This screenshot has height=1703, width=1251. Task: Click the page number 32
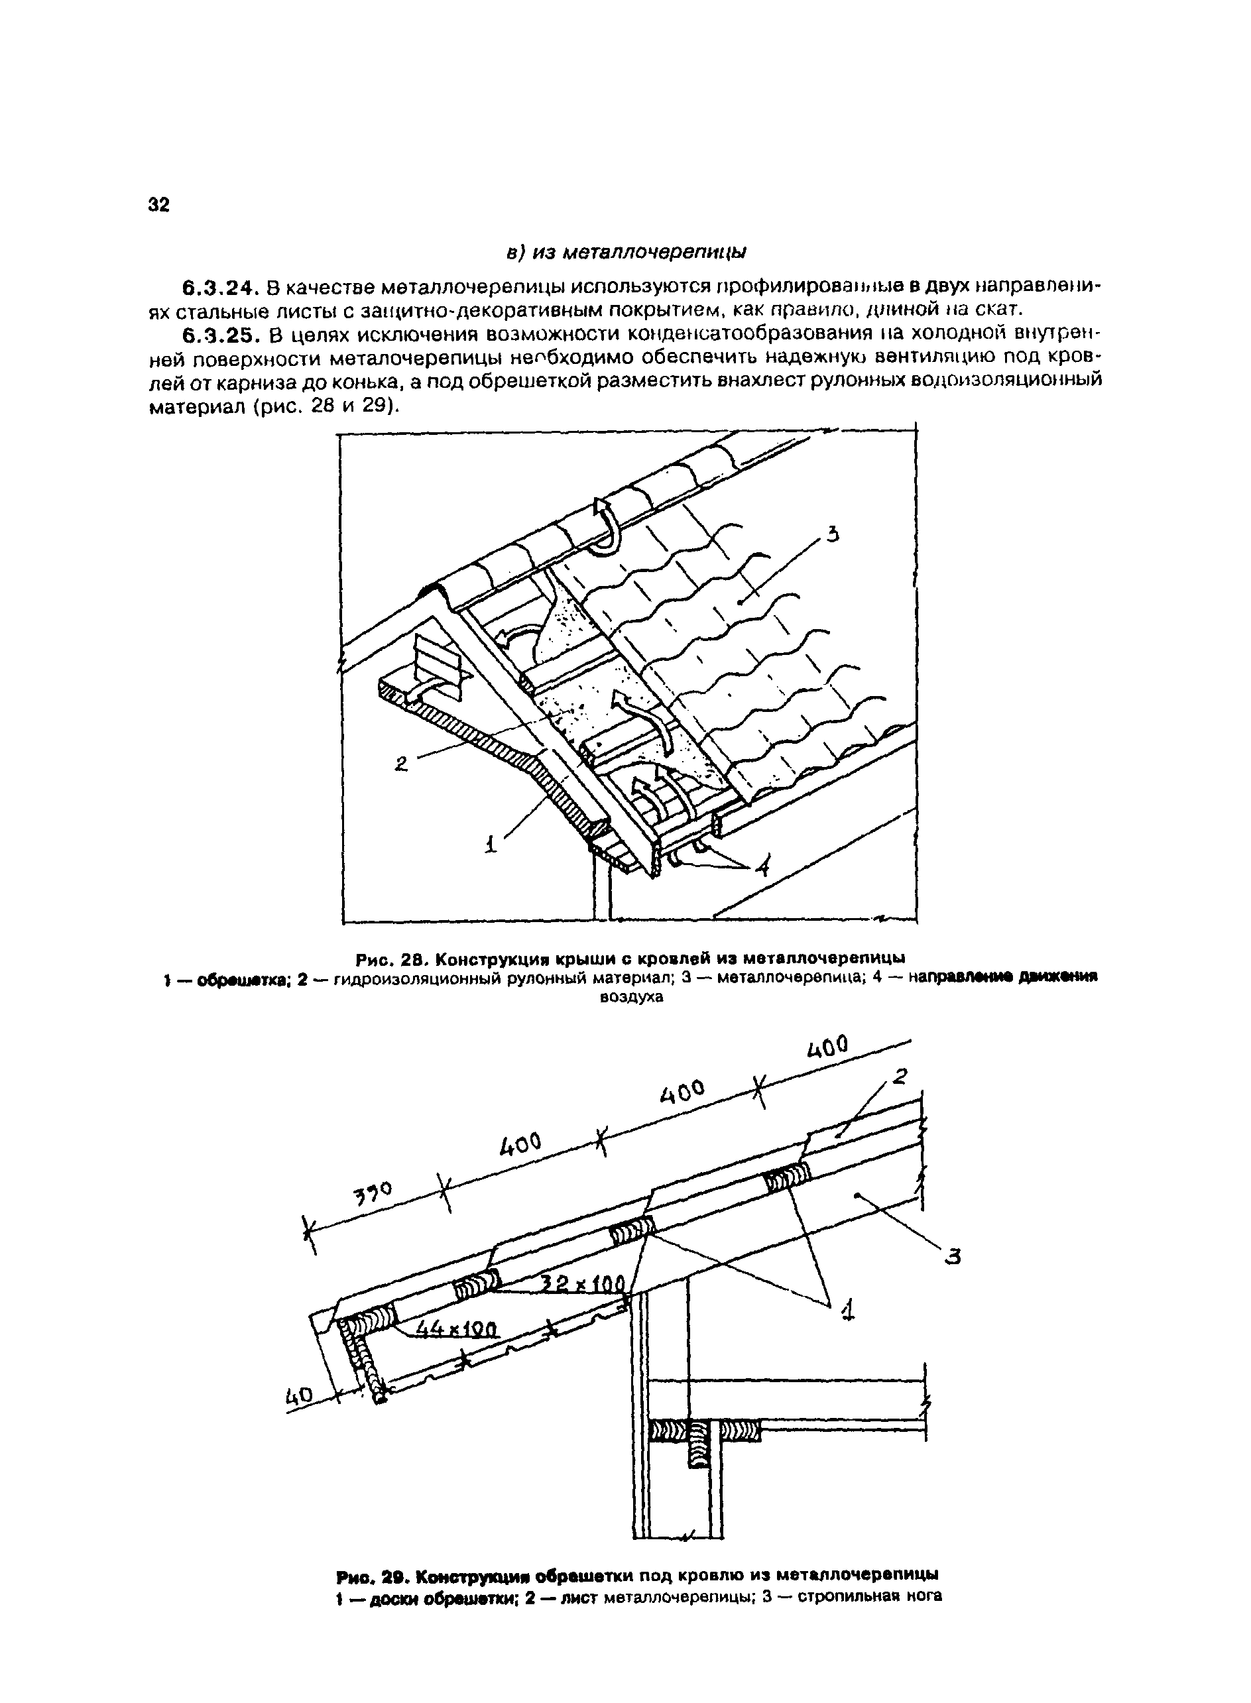(159, 206)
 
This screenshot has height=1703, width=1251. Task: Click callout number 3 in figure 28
(833, 536)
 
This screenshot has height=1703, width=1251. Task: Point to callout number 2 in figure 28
(401, 765)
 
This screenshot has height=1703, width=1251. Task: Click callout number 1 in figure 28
(490, 843)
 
